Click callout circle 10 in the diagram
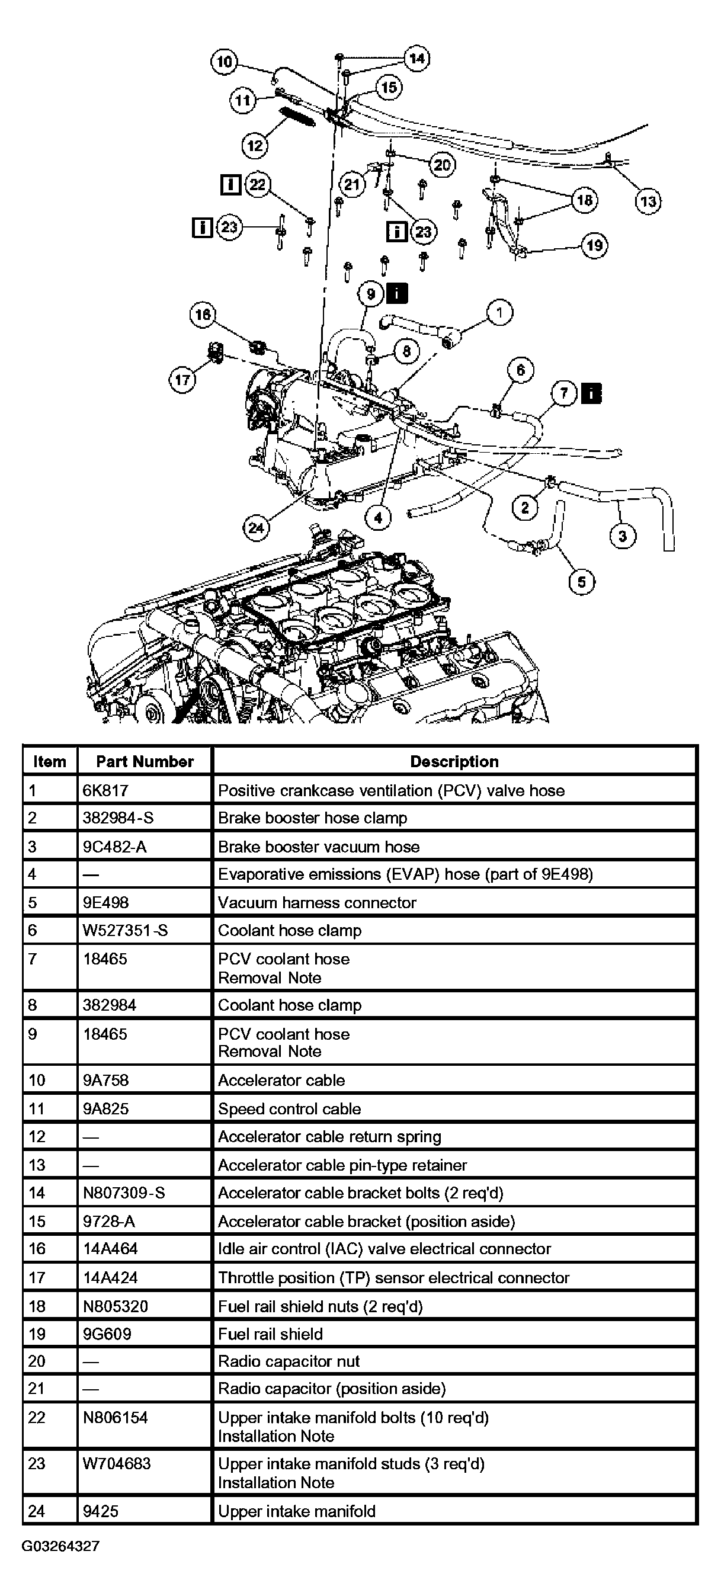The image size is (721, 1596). pyautogui.click(x=224, y=62)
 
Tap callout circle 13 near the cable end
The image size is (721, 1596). pyautogui.click(x=648, y=201)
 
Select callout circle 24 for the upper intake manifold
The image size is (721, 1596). pyautogui.click(x=255, y=528)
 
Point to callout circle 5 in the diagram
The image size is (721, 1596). pyautogui.click(x=581, y=582)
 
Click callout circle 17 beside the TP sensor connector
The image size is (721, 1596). pyautogui.click(x=182, y=379)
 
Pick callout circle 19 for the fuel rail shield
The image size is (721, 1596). pyautogui.click(x=594, y=246)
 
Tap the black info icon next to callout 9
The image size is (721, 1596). pyautogui.click(x=396, y=293)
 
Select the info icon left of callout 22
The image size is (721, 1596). pyautogui.click(x=230, y=185)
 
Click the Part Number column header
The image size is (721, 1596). pyautogui.click(x=145, y=761)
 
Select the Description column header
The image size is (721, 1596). pyautogui.click(x=454, y=761)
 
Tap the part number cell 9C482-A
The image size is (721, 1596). pyautogui.click(x=115, y=847)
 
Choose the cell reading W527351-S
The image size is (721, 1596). pyautogui.click(x=125, y=930)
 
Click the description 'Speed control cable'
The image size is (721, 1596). pyautogui.click(x=289, y=1108)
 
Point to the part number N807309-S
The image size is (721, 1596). pyautogui.click(x=124, y=1193)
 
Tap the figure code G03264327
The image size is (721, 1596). pyautogui.click(x=60, y=1546)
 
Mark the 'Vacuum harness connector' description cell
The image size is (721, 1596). pyautogui.click(x=317, y=903)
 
